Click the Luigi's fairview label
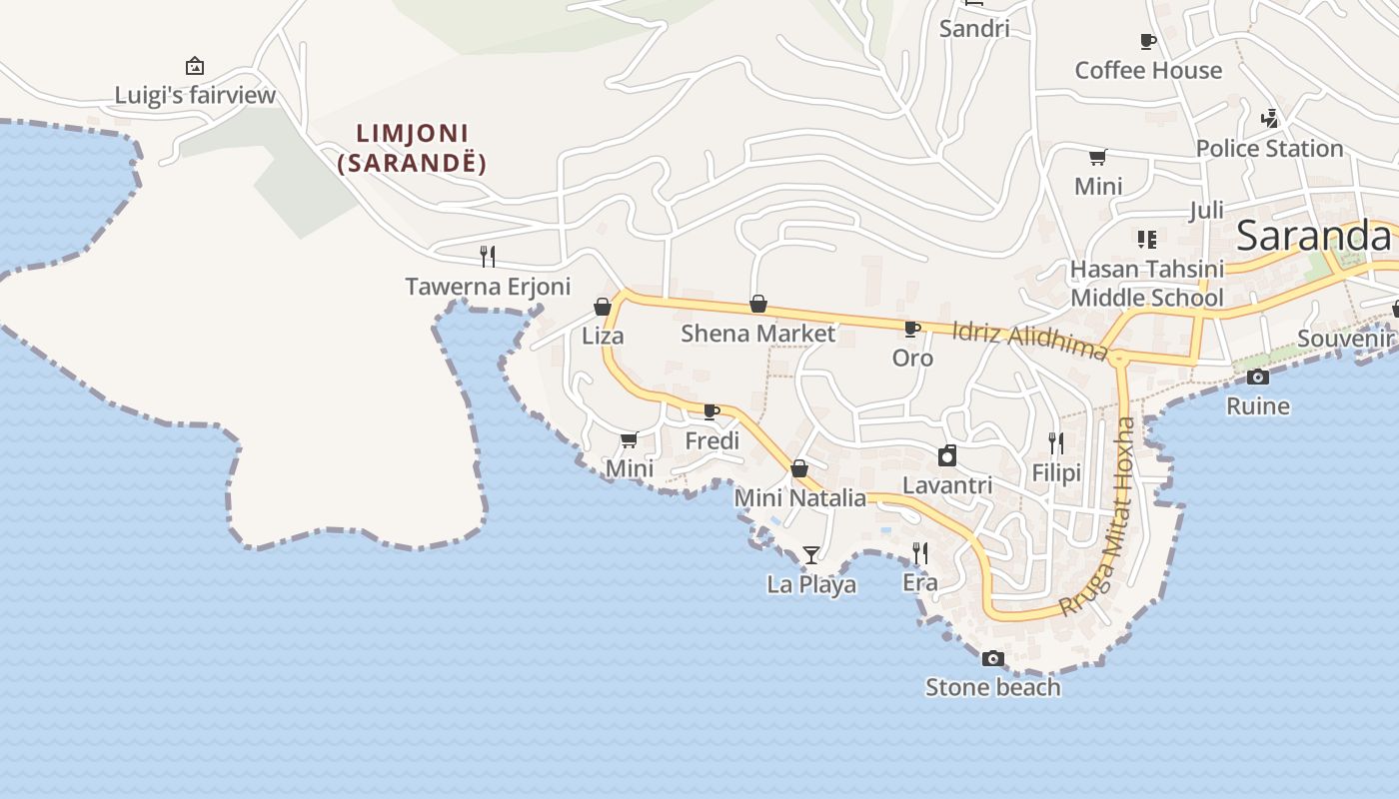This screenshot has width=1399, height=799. (195, 96)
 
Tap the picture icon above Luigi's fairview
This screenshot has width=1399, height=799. (195, 67)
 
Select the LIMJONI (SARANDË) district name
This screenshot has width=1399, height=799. (412, 148)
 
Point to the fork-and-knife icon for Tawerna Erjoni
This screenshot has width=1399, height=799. (488, 257)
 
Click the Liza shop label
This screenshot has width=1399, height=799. (603, 336)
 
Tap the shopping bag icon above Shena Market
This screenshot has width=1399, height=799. (758, 304)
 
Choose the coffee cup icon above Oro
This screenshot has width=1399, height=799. (911, 329)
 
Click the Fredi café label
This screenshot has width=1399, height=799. (712, 440)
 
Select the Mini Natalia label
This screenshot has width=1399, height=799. (800, 497)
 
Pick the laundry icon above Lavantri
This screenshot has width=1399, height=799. (947, 455)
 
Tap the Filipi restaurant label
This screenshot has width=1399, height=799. (1056, 472)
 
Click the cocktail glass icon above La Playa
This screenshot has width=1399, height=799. (811, 554)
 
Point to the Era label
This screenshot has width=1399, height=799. (920, 582)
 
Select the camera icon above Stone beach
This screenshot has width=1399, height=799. (992, 658)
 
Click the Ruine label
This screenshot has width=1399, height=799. (1258, 405)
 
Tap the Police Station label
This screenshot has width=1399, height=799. (1269, 149)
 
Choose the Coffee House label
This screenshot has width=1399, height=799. (1148, 70)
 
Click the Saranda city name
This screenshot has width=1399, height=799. (1313, 236)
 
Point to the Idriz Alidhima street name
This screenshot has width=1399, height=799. (1029, 341)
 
